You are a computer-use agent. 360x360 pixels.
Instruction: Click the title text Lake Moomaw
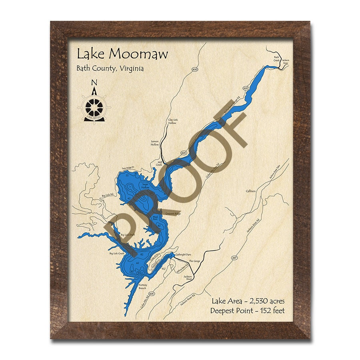tap(122, 54)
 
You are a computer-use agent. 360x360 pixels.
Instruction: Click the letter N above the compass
tap(94, 83)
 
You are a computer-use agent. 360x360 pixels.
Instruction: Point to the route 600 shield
tap(195, 70)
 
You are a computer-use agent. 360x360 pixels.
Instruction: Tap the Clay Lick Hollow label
tap(172, 121)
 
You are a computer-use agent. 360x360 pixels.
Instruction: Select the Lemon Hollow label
tap(155, 143)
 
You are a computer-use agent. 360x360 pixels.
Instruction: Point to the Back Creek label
tap(276, 59)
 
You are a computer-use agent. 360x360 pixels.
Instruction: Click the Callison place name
tap(251, 191)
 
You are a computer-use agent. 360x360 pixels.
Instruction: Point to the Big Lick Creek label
tap(117, 253)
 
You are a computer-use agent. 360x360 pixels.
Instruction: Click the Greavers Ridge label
tap(173, 214)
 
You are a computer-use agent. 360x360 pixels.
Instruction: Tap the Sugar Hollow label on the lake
tap(145, 186)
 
